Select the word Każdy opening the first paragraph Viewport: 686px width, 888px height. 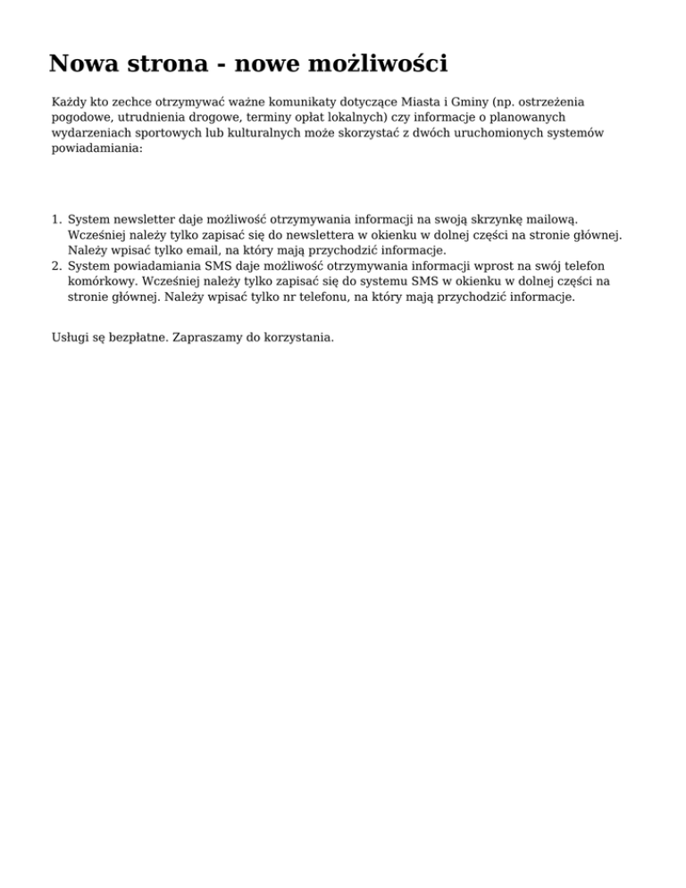[x=70, y=104]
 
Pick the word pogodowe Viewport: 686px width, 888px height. [x=80, y=118]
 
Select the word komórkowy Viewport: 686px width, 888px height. [x=101, y=281]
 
